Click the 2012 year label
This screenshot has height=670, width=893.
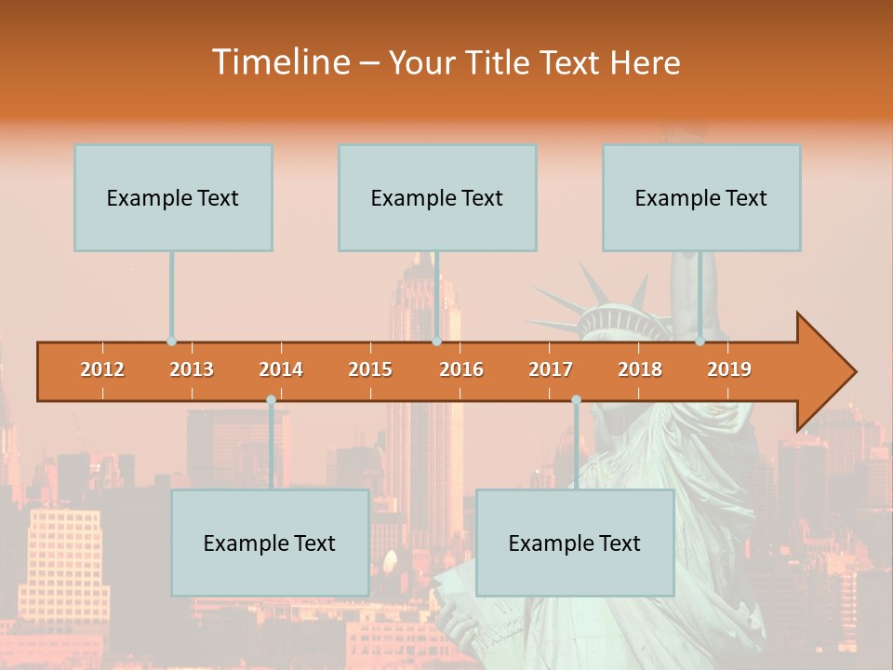(102, 369)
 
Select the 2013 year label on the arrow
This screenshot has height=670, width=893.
(192, 369)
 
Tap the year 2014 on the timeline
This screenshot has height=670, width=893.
(281, 369)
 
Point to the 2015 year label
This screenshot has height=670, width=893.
(370, 369)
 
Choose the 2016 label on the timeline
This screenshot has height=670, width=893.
(461, 369)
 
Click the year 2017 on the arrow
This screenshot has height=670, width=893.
(551, 369)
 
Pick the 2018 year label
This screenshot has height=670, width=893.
(640, 369)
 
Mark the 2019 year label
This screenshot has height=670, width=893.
(729, 369)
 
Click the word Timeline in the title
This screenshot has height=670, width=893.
(279, 62)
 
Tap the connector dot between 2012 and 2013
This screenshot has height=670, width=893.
(171, 342)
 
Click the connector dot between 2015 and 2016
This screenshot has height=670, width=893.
(436, 342)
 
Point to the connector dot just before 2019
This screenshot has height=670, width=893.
(700, 342)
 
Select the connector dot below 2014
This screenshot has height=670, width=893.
(271, 400)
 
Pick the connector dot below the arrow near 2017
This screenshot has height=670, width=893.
(576, 400)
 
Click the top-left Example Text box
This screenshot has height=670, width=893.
(173, 197)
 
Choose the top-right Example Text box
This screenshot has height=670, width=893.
(701, 197)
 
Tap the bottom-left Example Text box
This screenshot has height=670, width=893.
(270, 543)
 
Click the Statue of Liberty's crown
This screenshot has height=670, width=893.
(619, 312)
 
